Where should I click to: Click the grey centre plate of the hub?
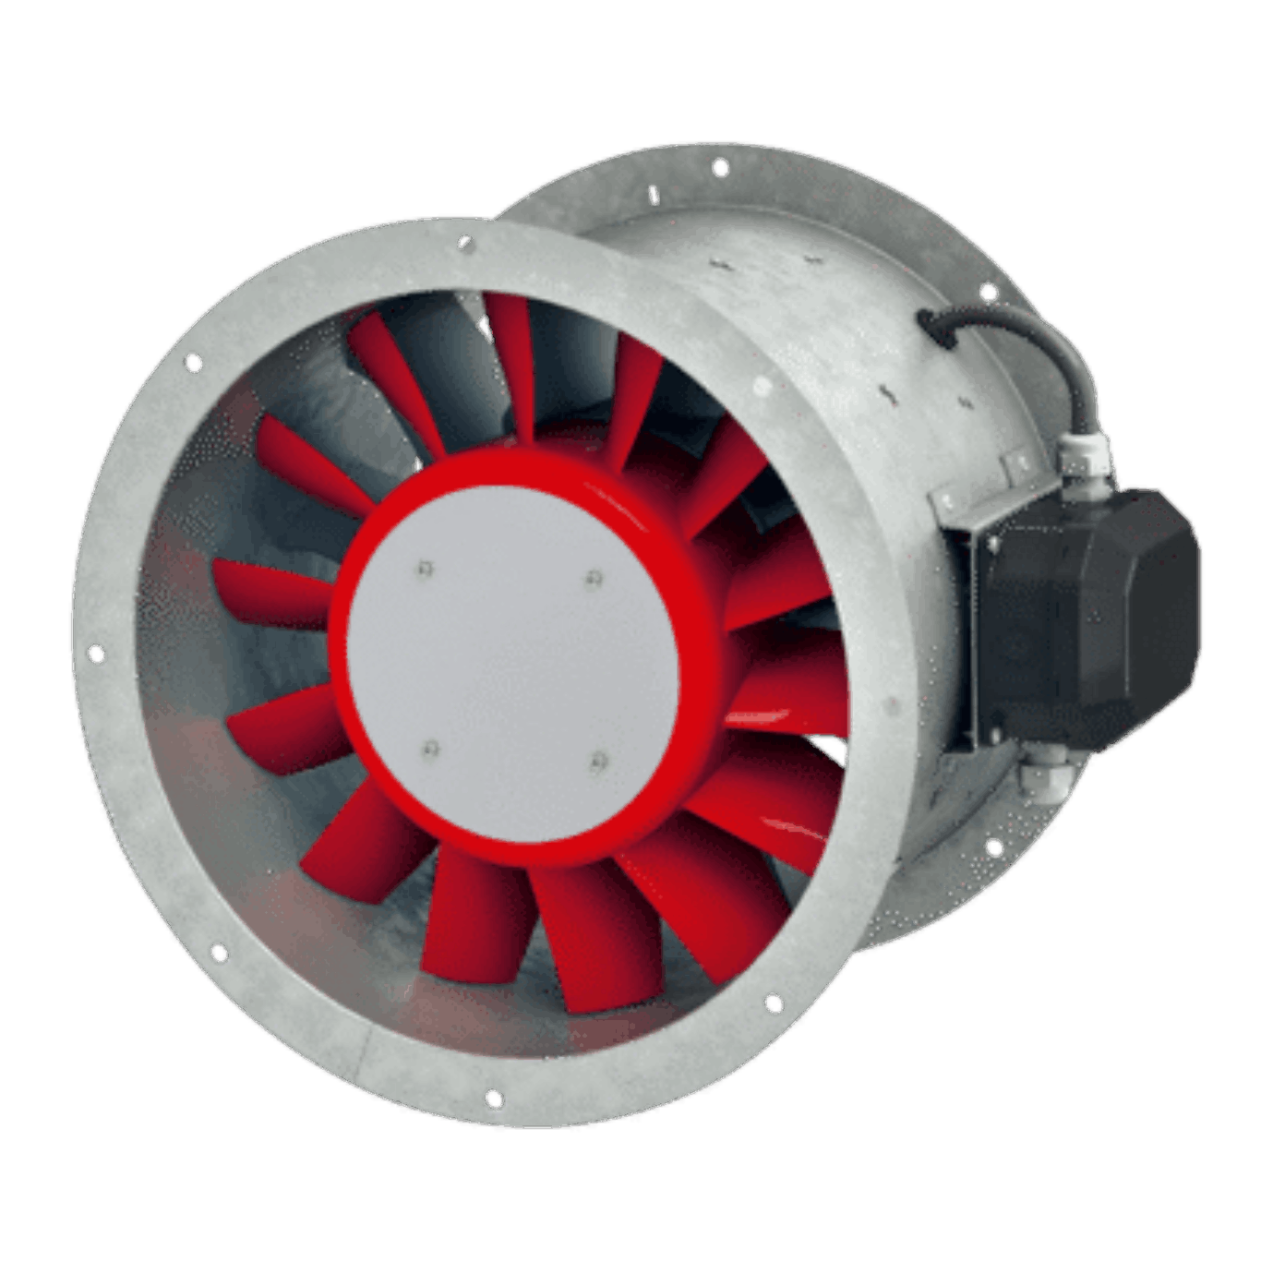[512, 665]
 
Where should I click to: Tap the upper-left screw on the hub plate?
[424, 569]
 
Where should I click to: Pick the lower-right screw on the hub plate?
[598, 762]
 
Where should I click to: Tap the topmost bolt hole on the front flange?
[465, 244]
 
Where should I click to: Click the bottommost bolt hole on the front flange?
[495, 1099]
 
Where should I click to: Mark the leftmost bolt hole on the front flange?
[96, 655]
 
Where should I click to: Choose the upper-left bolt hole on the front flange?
[194, 363]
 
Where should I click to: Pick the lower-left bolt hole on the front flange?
[220, 951]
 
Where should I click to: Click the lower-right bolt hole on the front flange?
[774, 1003]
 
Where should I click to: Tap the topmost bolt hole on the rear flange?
[721, 168]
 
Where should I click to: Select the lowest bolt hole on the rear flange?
[994, 846]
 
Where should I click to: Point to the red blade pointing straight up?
[512, 369]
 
